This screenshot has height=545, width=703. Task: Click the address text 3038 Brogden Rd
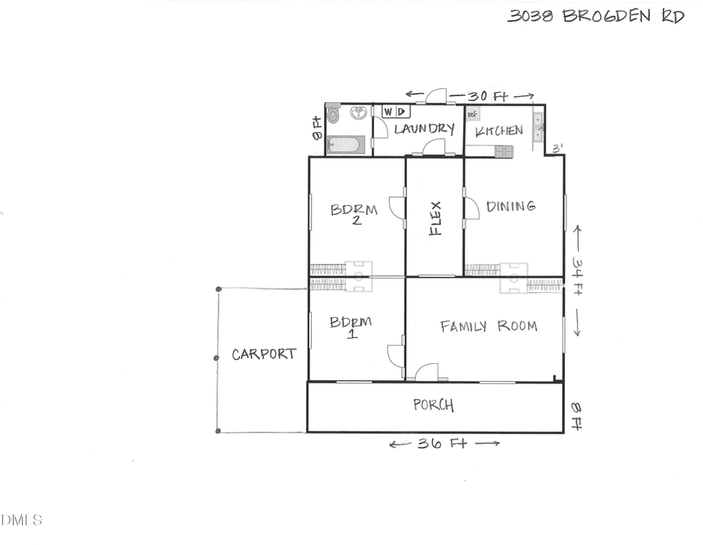(x=595, y=16)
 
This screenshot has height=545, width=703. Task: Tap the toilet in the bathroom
(x=333, y=115)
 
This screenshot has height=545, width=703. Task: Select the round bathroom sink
(x=359, y=114)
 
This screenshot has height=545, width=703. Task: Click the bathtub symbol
(x=344, y=144)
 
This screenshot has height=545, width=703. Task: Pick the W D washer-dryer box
(x=394, y=112)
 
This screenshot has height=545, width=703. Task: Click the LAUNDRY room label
(x=424, y=129)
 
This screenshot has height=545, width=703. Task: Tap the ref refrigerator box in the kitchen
(x=473, y=114)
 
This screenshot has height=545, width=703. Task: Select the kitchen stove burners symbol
(x=503, y=151)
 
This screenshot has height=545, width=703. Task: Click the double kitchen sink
(x=537, y=126)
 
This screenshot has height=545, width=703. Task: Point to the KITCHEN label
(x=499, y=130)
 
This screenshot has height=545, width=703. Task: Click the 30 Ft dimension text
(x=487, y=96)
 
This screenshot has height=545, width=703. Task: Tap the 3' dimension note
(x=557, y=148)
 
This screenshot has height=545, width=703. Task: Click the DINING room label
(x=511, y=206)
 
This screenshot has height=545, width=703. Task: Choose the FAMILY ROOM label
(x=488, y=326)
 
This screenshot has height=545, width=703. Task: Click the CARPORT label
(x=264, y=354)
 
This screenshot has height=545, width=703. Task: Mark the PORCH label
(x=434, y=405)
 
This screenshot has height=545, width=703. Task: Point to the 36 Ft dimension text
(x=444, y=443)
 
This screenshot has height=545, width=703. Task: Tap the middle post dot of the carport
(x=217, y=358)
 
